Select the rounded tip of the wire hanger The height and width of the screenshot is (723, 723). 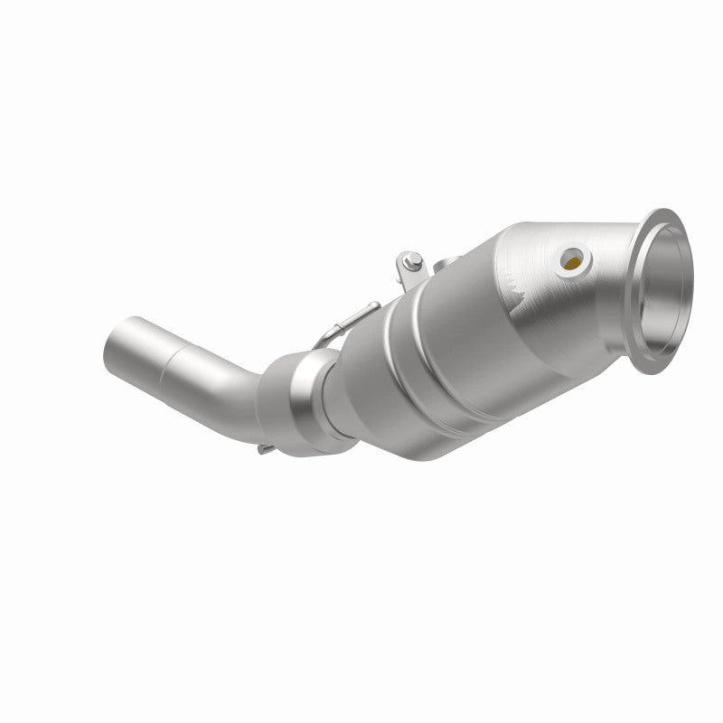(372, 305)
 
